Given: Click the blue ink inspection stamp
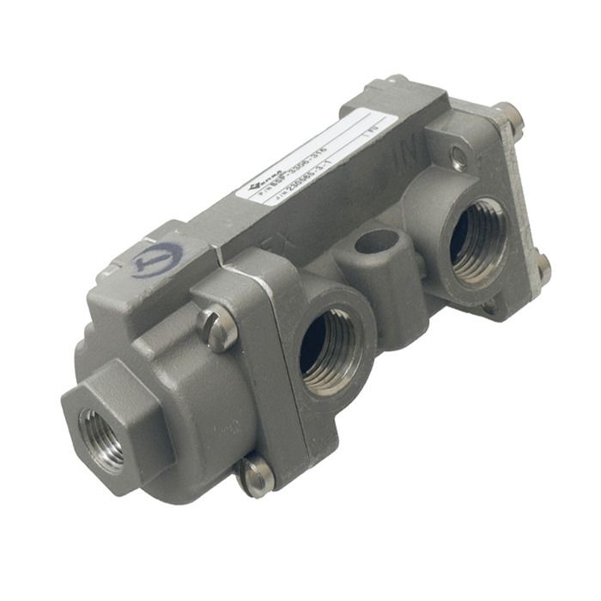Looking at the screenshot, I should click(x=159, y=258).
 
